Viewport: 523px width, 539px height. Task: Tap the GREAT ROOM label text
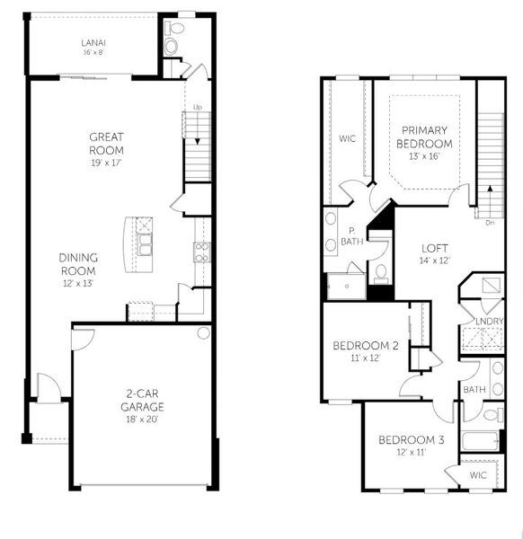click(x=106, y=144)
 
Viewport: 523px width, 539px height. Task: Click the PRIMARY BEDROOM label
click(x=425, y=137)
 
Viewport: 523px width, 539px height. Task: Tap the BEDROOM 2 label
click(x=365, y=346)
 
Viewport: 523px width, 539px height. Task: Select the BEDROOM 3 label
click(x=411, y=439)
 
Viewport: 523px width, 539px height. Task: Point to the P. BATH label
click(x=355, y=236)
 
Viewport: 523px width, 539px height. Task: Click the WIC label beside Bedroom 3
click(x=477, y=474)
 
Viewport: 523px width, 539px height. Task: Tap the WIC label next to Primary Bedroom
click(x=348, y=139)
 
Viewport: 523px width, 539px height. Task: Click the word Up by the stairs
click(x=197, y=110)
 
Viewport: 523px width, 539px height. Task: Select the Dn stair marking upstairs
click(x=489, y=221)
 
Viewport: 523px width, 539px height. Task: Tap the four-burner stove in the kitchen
click(x=201, y=252)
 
